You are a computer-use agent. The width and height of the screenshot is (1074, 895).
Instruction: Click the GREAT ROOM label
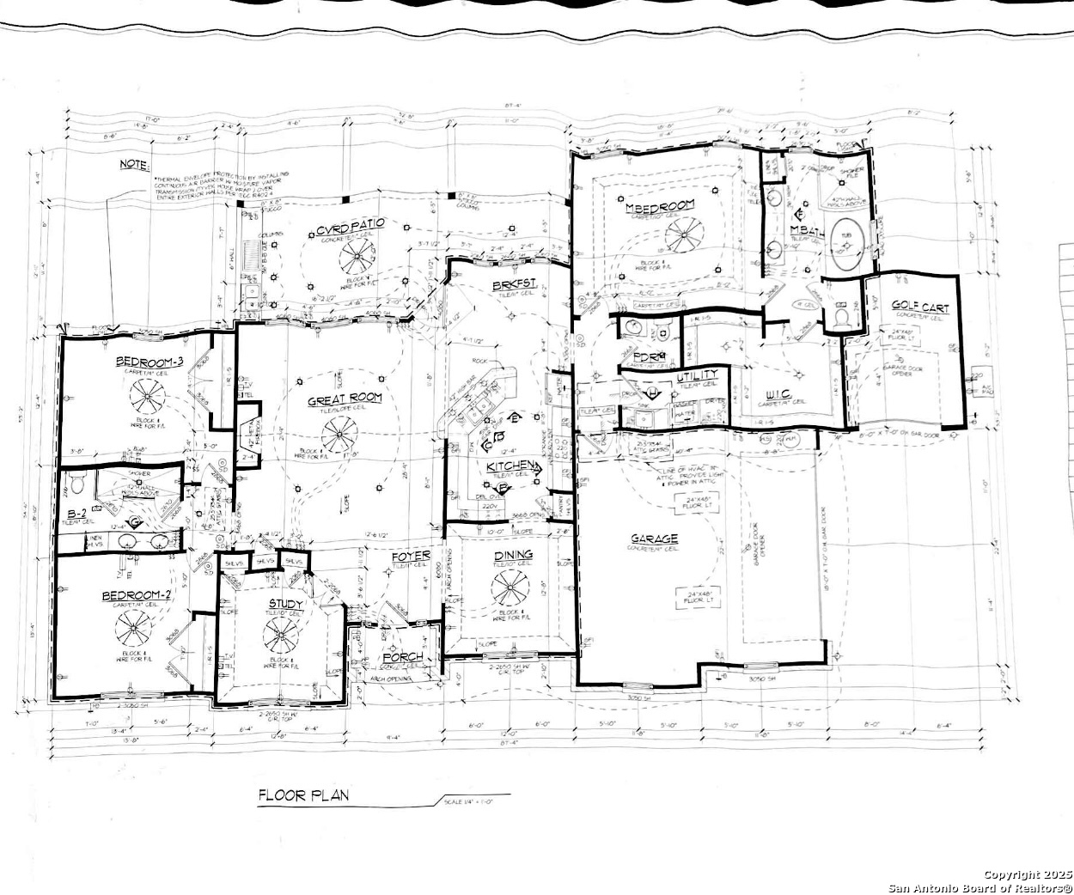(345, 399)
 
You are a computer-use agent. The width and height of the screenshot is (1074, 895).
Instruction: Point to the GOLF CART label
(919, 306)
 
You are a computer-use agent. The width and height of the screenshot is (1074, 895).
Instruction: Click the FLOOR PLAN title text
(304, 795)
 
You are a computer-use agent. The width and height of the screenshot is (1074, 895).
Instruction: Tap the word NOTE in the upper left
(134, 164)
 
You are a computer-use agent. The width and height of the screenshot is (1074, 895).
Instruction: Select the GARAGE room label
(655, 539)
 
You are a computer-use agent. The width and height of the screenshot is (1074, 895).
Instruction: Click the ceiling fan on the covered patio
(357, 255)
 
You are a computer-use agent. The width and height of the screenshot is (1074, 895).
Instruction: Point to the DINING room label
(513, 555)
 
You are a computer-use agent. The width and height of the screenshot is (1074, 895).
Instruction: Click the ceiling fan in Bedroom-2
(134, 633)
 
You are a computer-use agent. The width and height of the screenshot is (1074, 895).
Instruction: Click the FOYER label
(411, 557)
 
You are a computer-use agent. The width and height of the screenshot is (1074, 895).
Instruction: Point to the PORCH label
(403, 658)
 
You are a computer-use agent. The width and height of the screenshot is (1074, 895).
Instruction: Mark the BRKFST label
(514, 284)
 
